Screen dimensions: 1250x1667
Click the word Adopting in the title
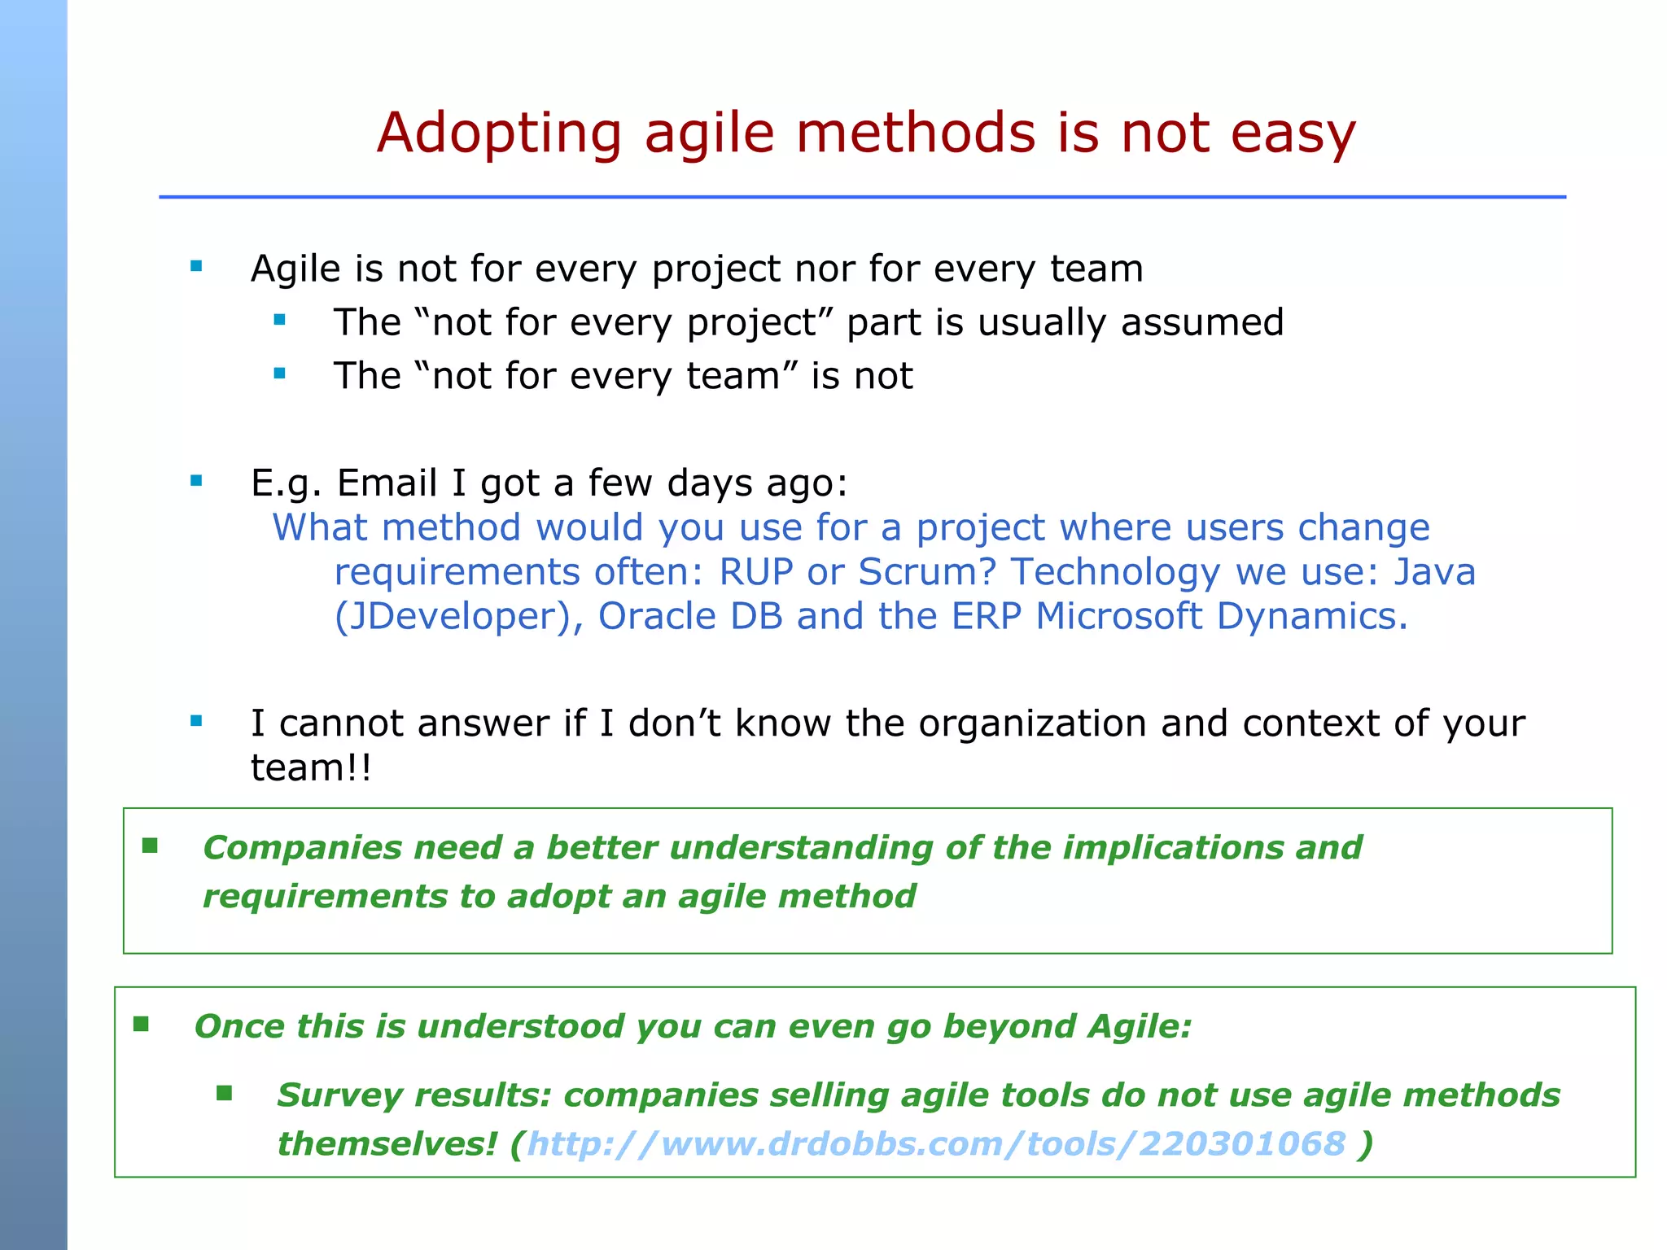coord(499,134)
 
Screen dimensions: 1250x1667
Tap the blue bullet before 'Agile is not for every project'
coord(196,266)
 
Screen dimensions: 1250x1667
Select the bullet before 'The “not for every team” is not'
coord(280,374)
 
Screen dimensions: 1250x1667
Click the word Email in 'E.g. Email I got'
coord(387,483)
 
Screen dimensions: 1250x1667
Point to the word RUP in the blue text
coord(755,572)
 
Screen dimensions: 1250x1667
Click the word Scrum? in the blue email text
coord(927,572)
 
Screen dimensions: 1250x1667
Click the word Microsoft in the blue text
coord(1118,617)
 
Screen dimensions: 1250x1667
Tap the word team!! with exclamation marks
coord(311,768)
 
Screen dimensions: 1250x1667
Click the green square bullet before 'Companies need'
coord(150,846)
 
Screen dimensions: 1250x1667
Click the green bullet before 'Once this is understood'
coord(142,1025)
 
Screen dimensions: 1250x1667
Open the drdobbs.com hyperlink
coord(936,1144)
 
